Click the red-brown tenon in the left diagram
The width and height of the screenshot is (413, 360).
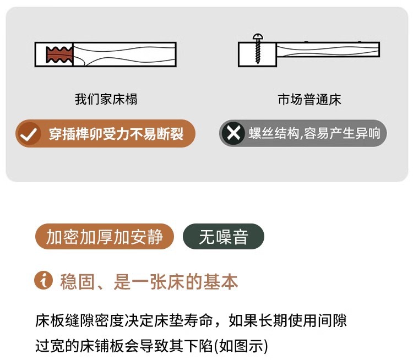tap(59, 55)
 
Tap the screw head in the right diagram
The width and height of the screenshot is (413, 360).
tap(258, 36)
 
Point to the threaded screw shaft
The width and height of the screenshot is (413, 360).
tap(258, 51)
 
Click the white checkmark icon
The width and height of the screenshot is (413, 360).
tap(29, 134)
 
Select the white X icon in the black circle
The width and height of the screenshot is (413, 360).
tap(233, 133)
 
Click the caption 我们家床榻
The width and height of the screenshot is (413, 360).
tap(106, 99)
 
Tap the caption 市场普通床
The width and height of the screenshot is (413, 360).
tap(309, 100)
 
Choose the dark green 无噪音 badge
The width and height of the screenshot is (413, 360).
tap(224, 237)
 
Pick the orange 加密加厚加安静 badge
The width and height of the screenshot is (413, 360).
tap(104, 237)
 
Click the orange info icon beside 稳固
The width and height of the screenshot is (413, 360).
tap(44, 280)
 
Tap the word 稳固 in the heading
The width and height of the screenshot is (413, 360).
tap(77, 282)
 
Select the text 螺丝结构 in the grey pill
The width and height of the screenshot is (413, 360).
tap(274, 133)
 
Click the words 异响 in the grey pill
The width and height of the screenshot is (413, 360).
tap(367, 133)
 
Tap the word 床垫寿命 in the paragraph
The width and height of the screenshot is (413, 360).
tap(183, 320)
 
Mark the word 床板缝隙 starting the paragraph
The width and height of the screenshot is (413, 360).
tap(64, 320)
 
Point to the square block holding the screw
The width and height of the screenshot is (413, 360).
tap(257, 54)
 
